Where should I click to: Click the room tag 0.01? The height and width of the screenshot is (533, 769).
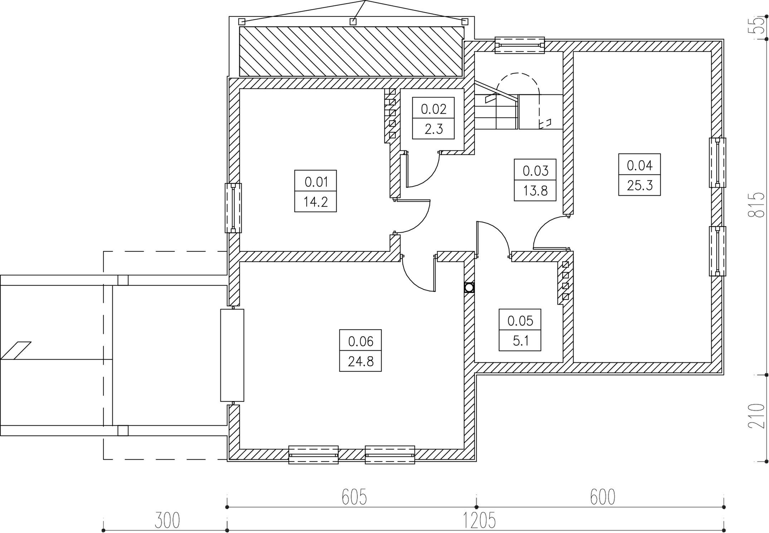coord(316,182)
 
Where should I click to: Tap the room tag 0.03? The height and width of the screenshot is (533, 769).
coord(535,171)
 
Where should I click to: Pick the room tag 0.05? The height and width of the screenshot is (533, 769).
coord(520,321)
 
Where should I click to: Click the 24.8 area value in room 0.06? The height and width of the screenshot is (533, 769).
coord(361,362)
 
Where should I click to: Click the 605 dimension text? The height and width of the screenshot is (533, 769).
coord(354,497)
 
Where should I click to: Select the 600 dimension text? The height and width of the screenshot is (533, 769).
coord(603,497)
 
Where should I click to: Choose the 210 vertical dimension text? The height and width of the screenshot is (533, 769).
coord(756,416)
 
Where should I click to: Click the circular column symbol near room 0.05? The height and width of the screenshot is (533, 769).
coord(469,288)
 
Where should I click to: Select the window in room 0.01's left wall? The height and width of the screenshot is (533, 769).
coord(233,208)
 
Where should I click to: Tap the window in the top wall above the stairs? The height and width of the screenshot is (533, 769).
coord(520,45)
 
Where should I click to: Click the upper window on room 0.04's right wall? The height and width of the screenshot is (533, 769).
coord(717,162)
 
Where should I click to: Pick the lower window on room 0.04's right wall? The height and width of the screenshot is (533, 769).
coord(717,251)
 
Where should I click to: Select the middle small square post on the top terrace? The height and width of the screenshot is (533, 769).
coord(353,21)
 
